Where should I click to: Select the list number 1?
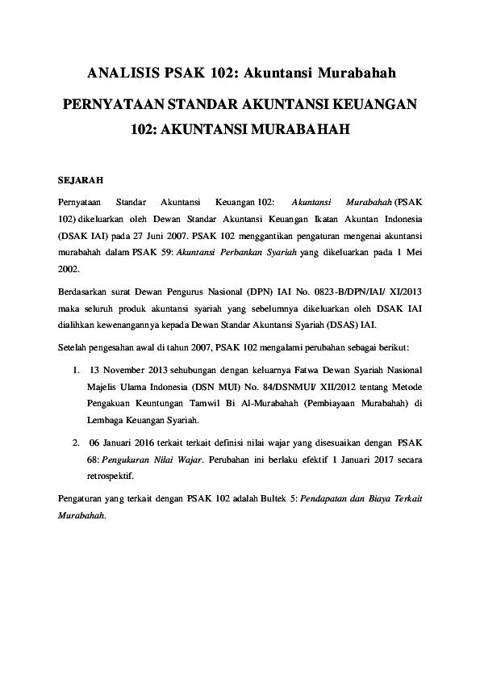[74, 371]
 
